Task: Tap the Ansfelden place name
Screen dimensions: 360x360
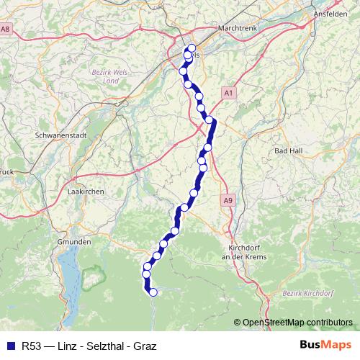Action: click(x=331, y=14)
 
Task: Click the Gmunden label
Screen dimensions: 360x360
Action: click(x=75, y=243)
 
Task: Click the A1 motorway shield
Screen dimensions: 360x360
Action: click(x=228, y=93)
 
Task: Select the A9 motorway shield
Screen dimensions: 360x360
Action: click(x=228, y=200)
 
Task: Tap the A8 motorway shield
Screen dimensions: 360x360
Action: click(x=6, y=29)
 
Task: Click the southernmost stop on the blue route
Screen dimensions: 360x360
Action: click(x=153, y=292)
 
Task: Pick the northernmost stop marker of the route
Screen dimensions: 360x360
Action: click(x=192, y=49)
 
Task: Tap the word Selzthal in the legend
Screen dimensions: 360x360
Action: click(x=106, y=346)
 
